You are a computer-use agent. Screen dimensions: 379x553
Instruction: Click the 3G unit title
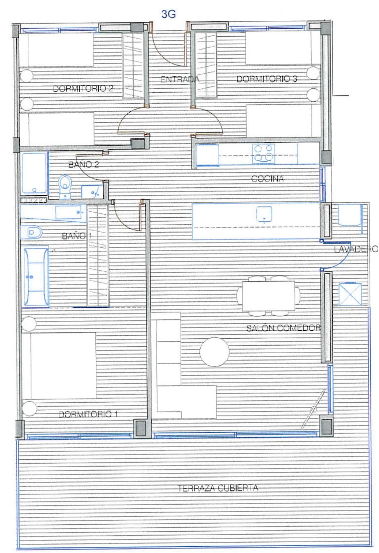coord(168,14)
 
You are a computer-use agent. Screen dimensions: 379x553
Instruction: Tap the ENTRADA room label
coord(179,79)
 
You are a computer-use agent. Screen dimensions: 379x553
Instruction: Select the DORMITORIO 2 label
coord(83,88)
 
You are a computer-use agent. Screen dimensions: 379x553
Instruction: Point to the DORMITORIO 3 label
coord(267,79)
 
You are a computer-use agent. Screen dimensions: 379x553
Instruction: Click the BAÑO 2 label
coord(83,164)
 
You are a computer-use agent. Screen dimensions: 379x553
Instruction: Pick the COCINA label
coord(267,178)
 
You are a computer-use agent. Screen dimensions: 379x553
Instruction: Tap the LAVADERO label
coord(356,249)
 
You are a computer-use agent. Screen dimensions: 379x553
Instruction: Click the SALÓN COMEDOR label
coord(283,328)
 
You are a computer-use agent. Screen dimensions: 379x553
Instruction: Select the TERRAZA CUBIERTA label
coord(218,488)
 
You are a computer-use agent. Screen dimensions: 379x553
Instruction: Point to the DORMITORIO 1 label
coord(88,414)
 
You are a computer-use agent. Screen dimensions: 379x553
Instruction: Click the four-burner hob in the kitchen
coord(264,154)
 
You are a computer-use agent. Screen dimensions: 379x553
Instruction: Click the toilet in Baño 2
coord(65,186)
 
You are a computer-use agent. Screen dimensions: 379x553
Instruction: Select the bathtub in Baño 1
coord(36,276)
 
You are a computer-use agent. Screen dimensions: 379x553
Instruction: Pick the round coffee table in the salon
coord(214,352)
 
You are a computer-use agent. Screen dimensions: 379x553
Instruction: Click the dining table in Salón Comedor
coord(269,296)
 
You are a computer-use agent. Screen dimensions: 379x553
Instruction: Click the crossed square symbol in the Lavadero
coord(350,294)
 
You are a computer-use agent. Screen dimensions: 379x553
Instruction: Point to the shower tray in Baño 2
coord(34,173)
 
